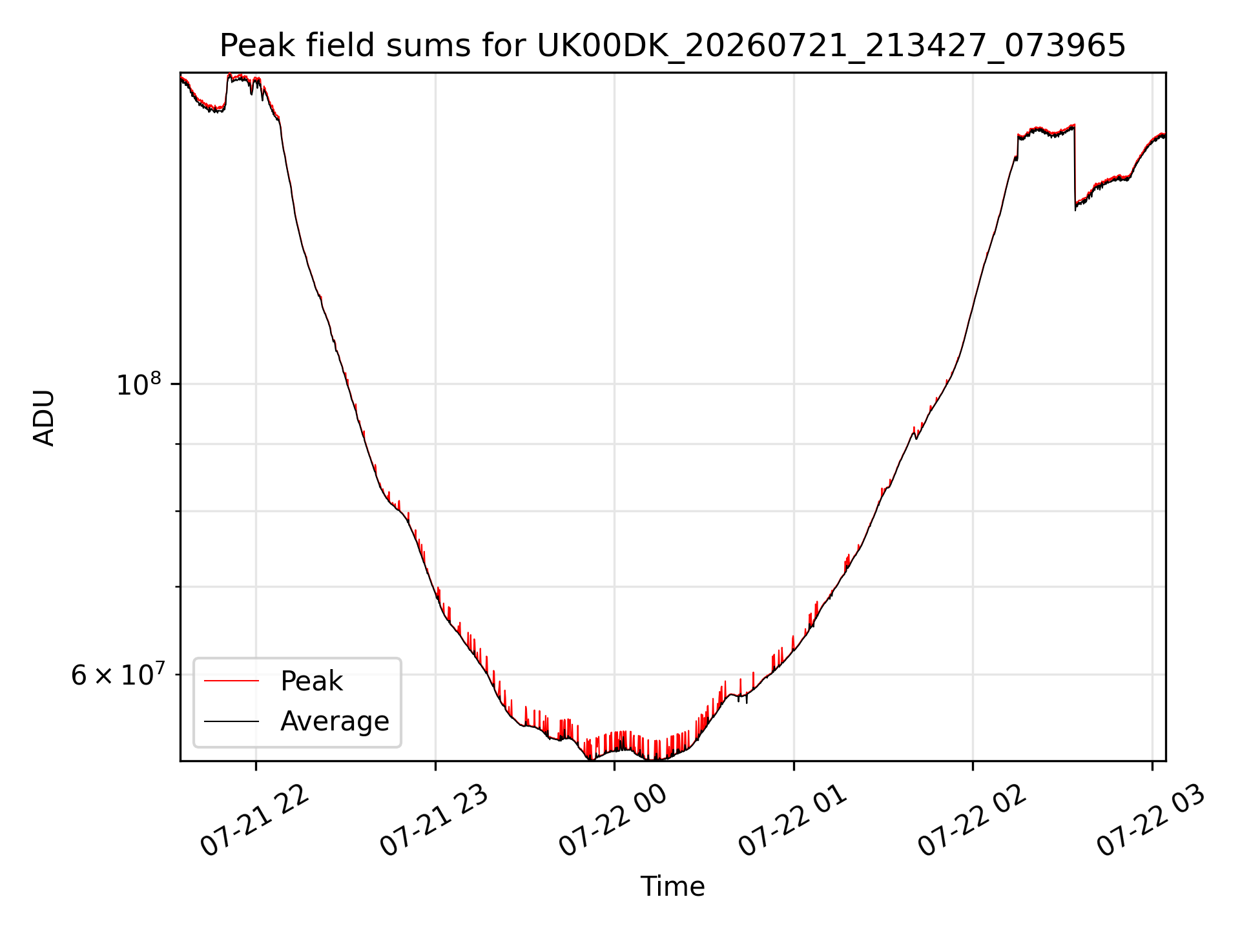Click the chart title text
click(x=672, y=46)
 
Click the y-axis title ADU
click(x=44, y=417)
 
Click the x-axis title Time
click(x=672, y=886)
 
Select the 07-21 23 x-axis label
click(x=434, y=820)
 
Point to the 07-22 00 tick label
click(x=613, y=820)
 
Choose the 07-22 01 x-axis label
click(x=792, y=820)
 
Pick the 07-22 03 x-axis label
click(x=1151, y=820)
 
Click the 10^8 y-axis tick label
click(x=138, y=384)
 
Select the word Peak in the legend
click(x=311, y=681)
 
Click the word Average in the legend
click(x=335, y=721)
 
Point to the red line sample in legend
click(x=231, y=681)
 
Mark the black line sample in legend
click(x=231, y=721)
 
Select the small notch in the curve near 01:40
click(x=916, y=436)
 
